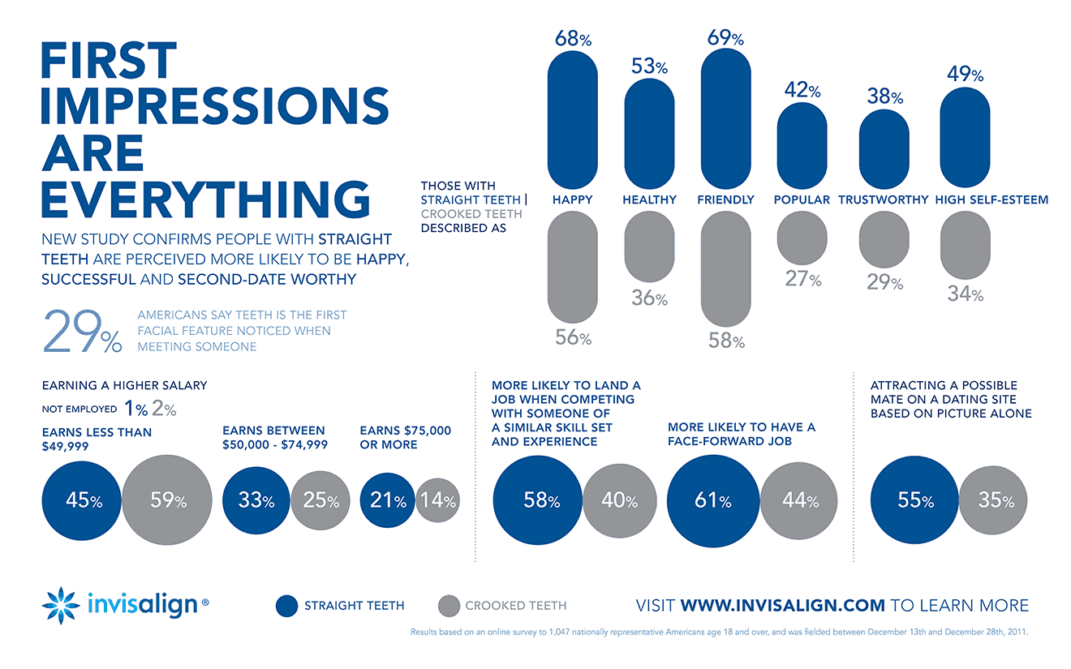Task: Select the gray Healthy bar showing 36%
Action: coord(649,247)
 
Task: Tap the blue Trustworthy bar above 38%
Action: coord(884,148)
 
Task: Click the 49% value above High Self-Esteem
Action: coord(965,75)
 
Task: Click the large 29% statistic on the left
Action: coord(81,331)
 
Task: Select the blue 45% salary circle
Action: coord(82,500)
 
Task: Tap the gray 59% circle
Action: coord(167,500)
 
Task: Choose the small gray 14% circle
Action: coord(437,500)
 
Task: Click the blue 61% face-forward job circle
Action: coord(712,500)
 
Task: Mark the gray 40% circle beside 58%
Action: coord(619,500)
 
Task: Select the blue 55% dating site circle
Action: coord(914,500)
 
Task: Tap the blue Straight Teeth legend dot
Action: coord(286,606)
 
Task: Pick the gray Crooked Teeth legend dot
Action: coord(448,606)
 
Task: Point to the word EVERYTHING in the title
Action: coord(204,199)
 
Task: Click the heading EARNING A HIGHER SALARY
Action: coord(124,385)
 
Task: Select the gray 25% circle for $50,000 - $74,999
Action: coord(320,500)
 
